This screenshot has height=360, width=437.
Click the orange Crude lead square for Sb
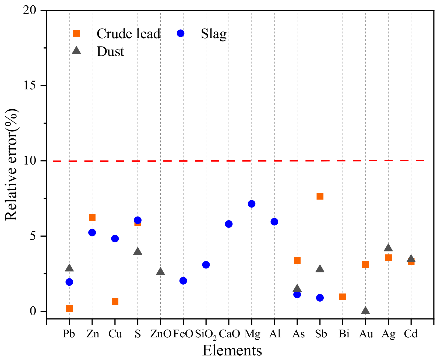tap(320, 196)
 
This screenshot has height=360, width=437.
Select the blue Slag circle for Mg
tap(252, 204)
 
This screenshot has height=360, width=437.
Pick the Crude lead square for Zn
tap(92, 217)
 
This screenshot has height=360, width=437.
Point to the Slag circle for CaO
tap(229, 224)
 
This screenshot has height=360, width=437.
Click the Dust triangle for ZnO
tap(160, 271)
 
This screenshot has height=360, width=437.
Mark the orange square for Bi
tap(343, 297)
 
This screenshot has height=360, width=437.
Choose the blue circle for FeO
tap(183, 281)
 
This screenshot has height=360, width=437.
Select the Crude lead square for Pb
tap(69, 309)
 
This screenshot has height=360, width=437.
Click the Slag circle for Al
tap(274, 222)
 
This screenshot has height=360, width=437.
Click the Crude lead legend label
tap(128, 34)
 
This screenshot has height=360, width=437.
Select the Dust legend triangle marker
tap(77, 50)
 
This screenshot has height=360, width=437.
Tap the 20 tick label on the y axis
tap(30, 10)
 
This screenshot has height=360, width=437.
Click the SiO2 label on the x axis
tap(206, 334)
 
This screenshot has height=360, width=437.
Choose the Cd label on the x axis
tap(411, 334)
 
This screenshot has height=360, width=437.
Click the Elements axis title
tap(232, 351)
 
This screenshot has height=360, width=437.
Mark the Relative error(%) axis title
tap(11, 165)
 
